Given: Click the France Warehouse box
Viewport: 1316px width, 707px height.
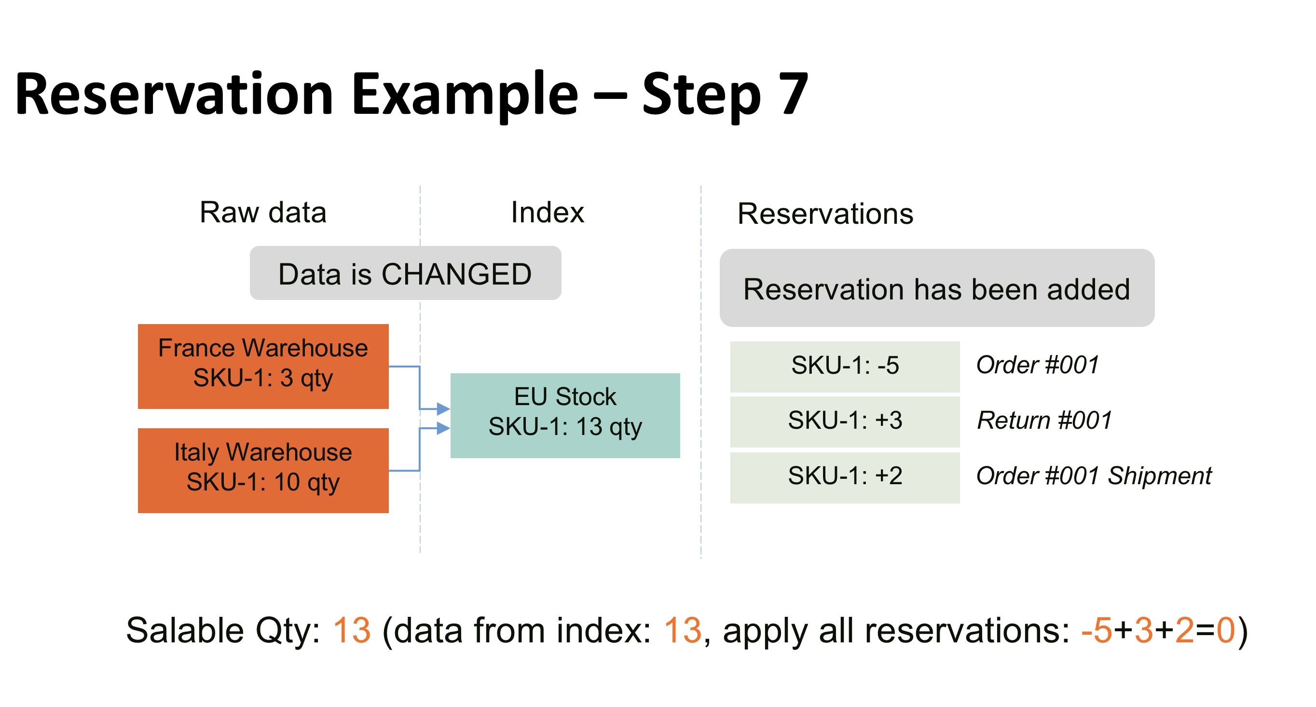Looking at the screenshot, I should pyautogui.click(x=263, y=366).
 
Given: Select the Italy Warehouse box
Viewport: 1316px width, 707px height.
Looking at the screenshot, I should pyautogui.click(x=263, y=471).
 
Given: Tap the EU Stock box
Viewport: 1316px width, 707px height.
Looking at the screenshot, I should pyautogui.click(x=565, y=415).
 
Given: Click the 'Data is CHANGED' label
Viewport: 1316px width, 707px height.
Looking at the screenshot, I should pyautogui.click(x=405, y=273).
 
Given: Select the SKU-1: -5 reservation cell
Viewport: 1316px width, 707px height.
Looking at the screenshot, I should pyautogui.click(x=845, y=366).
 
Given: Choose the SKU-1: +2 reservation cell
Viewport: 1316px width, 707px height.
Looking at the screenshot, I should pyautogui.click(x=845, y=477).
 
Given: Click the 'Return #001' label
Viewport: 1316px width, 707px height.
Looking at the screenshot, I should pyautogui.click(x=1044, y=421).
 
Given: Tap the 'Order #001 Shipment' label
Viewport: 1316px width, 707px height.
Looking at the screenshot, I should pyautogui.click(x=1093, y=476).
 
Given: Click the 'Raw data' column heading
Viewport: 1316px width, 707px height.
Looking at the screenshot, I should pyautogui.click(x=262, y=213).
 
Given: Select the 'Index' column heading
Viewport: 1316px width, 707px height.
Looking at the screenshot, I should pyautogui.click(x=547, y=213).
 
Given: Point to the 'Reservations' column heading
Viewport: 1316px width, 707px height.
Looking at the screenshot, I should pyautogui.click(x=825, y=214).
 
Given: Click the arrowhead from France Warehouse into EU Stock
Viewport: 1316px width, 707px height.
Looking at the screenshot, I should pyautogui.click(x=443, y=408).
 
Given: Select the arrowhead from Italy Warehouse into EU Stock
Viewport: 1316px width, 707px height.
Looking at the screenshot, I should pyautogui.click(x=443, y=428).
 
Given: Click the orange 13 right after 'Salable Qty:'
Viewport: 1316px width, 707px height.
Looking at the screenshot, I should pyautogui.click(x=352, y=630).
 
